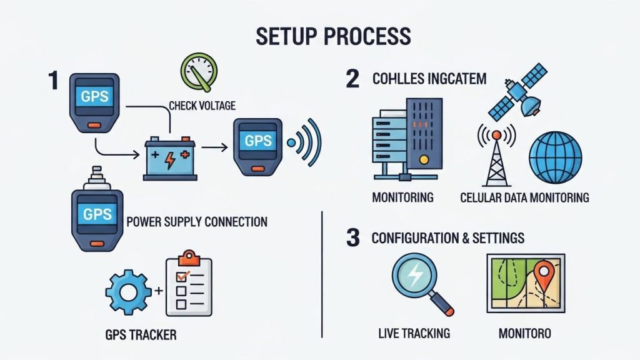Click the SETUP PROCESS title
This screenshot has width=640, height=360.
tap(333, 36)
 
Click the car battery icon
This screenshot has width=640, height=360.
tap(169, 158)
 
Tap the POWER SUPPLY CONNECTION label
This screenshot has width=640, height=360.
tap(197, 222)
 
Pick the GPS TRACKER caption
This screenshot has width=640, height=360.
tap(141, 334)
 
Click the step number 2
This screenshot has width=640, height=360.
tap(352, 79)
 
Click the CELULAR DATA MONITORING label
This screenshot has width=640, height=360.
tap(524, 198)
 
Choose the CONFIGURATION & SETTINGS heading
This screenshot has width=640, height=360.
tap(447, 238)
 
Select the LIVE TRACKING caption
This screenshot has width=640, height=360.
tap(414, 333)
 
